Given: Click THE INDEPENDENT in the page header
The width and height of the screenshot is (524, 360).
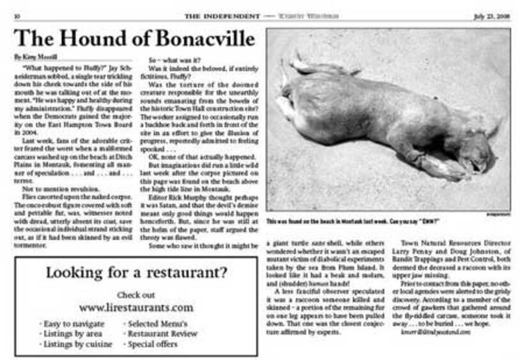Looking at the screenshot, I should (x=222, y=16).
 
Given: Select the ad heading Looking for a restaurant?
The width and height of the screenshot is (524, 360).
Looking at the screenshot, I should (x=136, y=273).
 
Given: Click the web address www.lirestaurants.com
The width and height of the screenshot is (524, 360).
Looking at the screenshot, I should (x=136, y=308).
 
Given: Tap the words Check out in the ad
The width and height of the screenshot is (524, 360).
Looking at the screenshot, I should (x=136, y=295).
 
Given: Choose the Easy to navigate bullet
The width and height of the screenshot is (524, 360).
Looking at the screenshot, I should (x=72, y=324).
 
